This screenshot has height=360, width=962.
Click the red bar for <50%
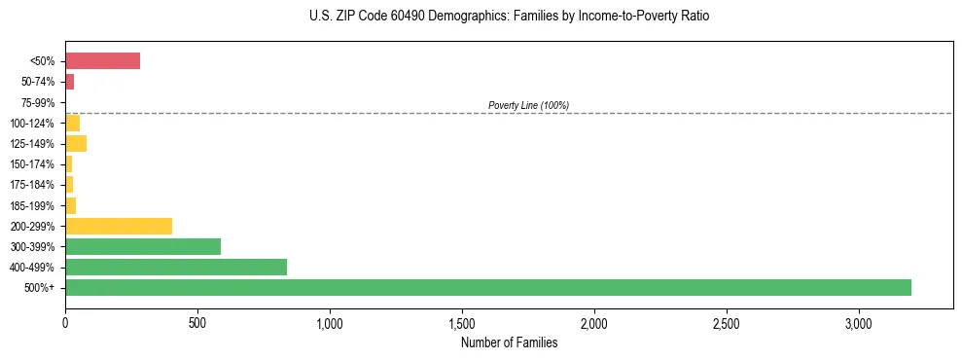coord(102,61)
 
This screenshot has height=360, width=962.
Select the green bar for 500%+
coord(487,287)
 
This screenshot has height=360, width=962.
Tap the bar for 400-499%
coord(175,267)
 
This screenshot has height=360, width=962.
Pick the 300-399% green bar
coord(142,246)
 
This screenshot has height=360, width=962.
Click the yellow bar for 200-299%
coord(118,226)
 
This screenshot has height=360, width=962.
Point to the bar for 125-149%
coord(75,144)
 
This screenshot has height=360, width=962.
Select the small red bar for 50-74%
coord(69,82)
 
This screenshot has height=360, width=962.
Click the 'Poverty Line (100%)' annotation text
coord(528,105)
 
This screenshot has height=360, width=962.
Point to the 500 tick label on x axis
coord(197,322)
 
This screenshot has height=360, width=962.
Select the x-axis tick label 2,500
coord(727,322)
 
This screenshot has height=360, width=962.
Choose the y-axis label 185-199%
coord(35,206)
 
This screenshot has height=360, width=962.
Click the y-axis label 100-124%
coord(35,124)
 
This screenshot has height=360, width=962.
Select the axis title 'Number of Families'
coord(509,342)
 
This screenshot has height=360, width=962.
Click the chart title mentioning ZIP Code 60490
coord(509,17)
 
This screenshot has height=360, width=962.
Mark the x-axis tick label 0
coord(65,322)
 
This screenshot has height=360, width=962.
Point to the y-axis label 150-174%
coord(35,164)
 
